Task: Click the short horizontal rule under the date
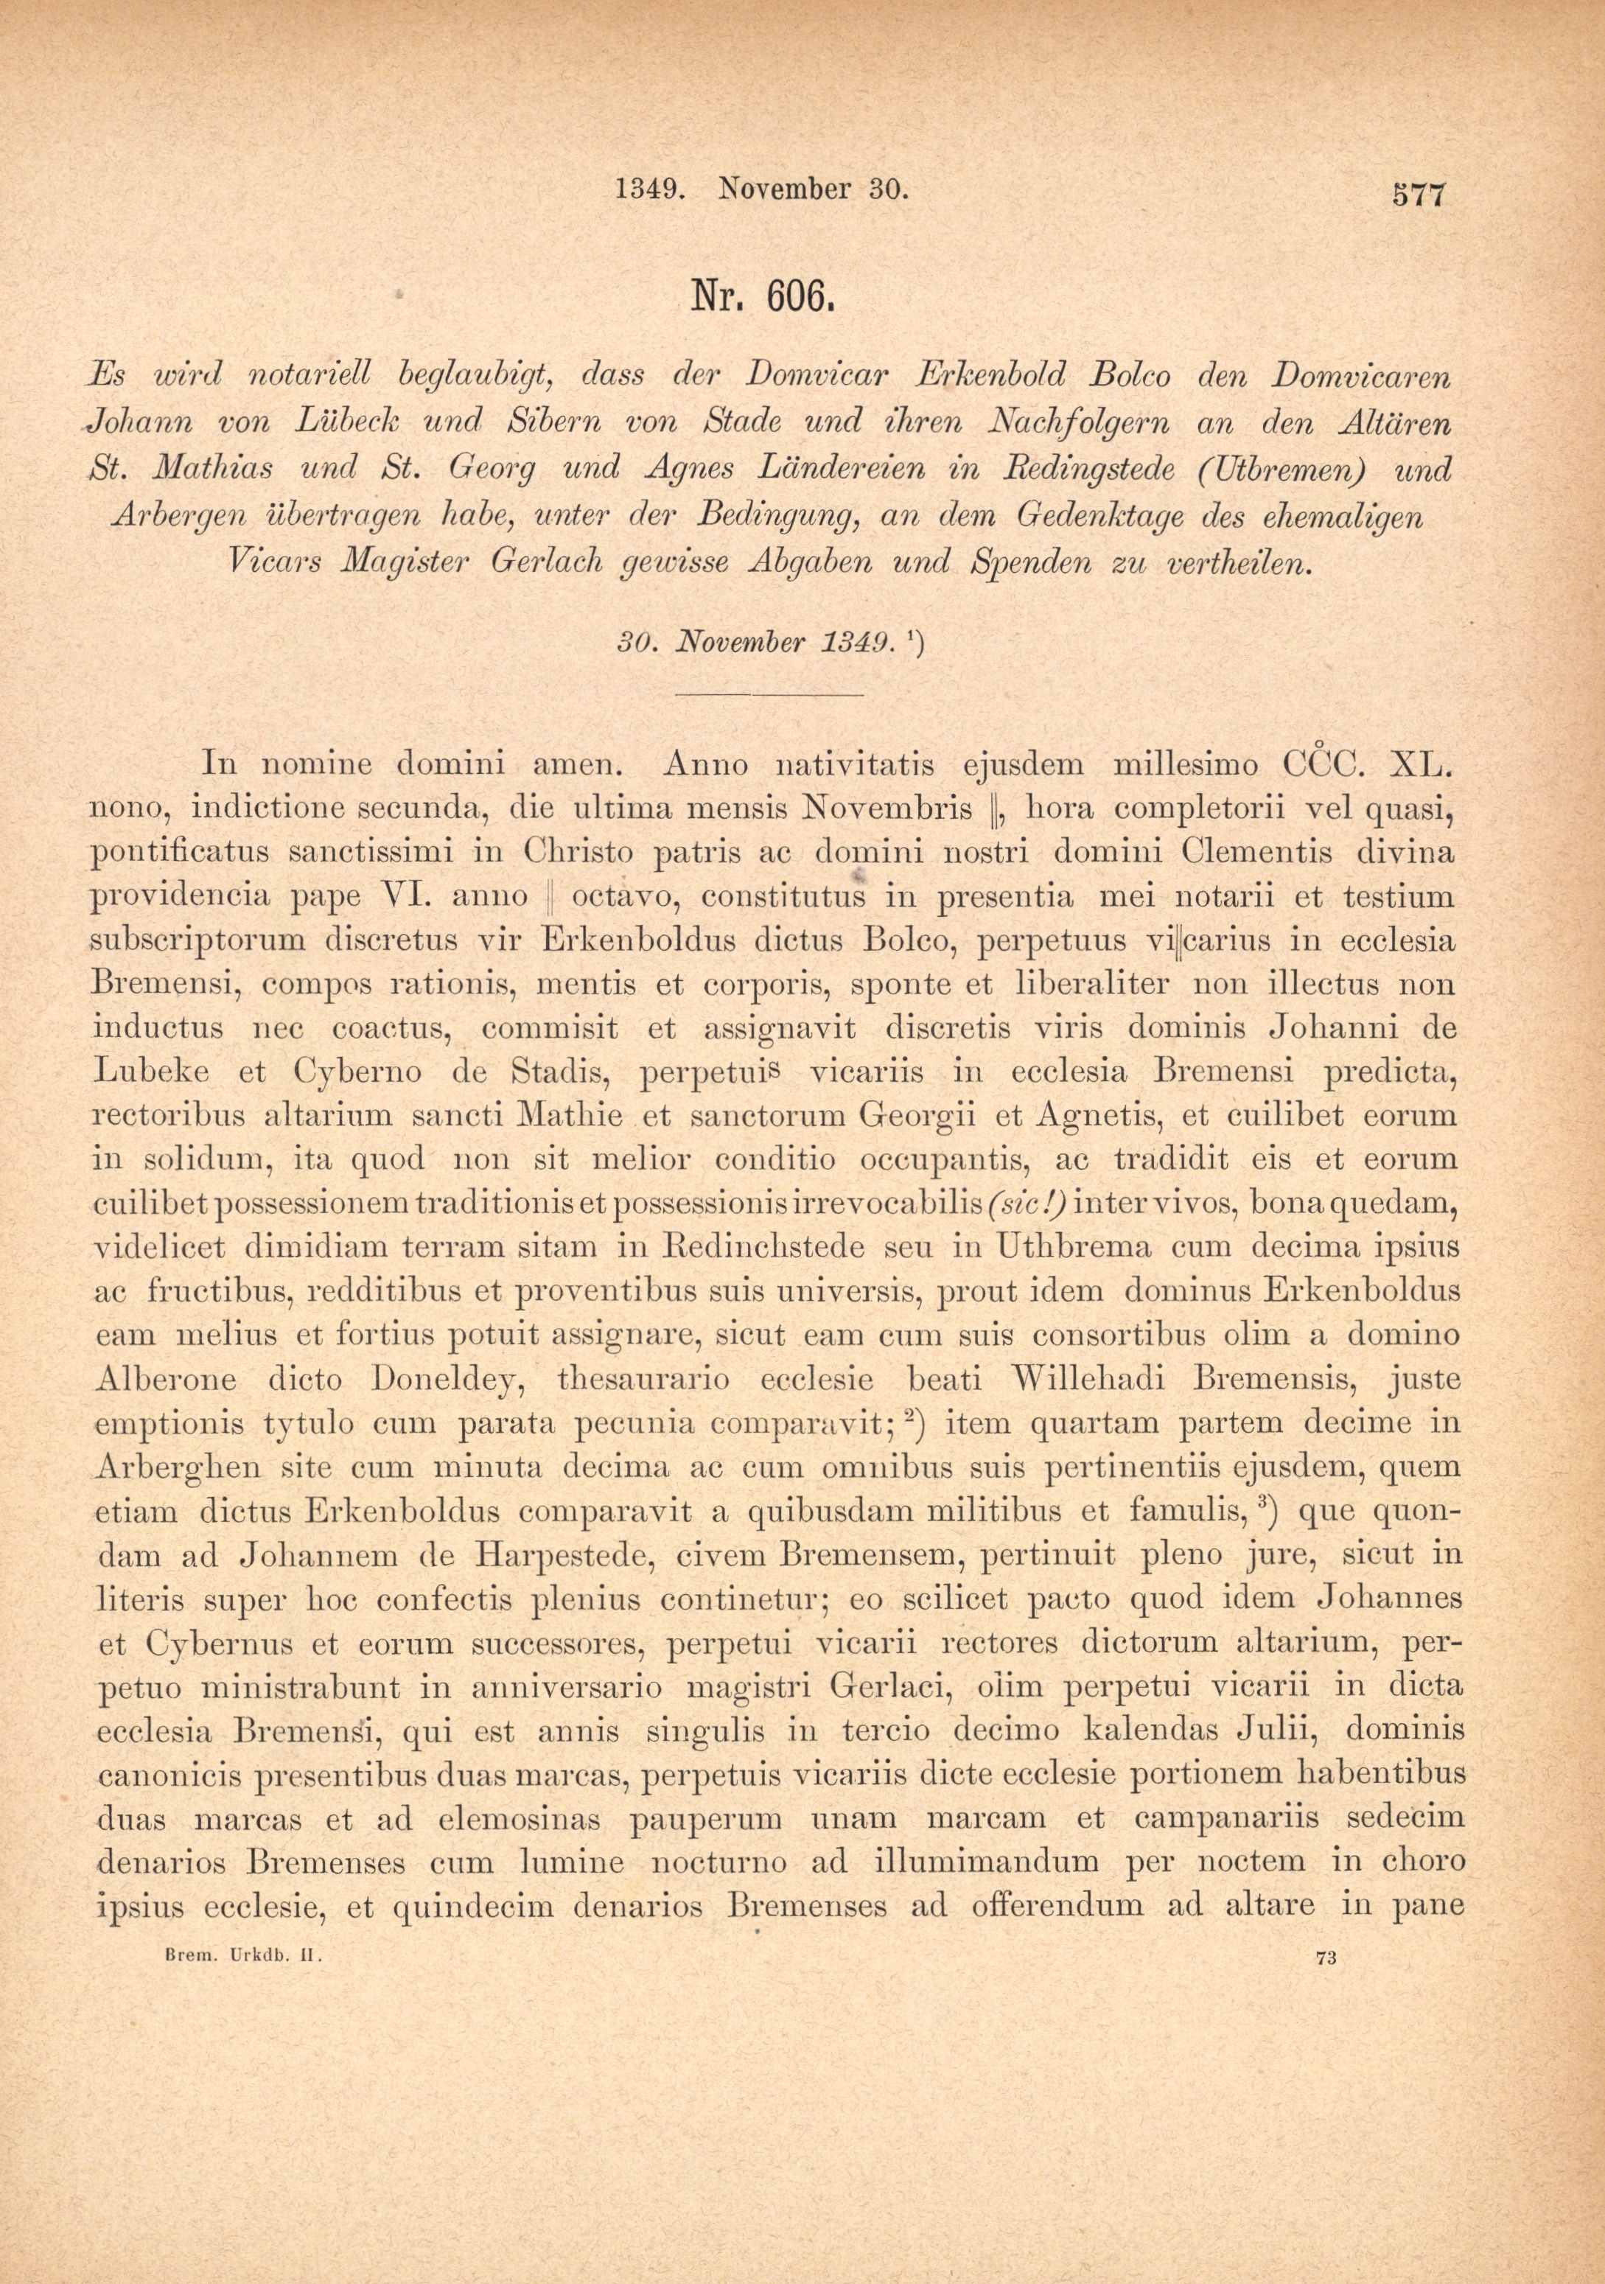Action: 769,694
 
